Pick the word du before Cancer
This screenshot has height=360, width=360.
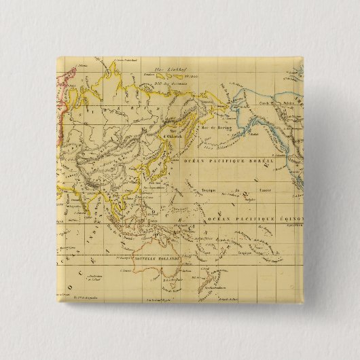point(238,189)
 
